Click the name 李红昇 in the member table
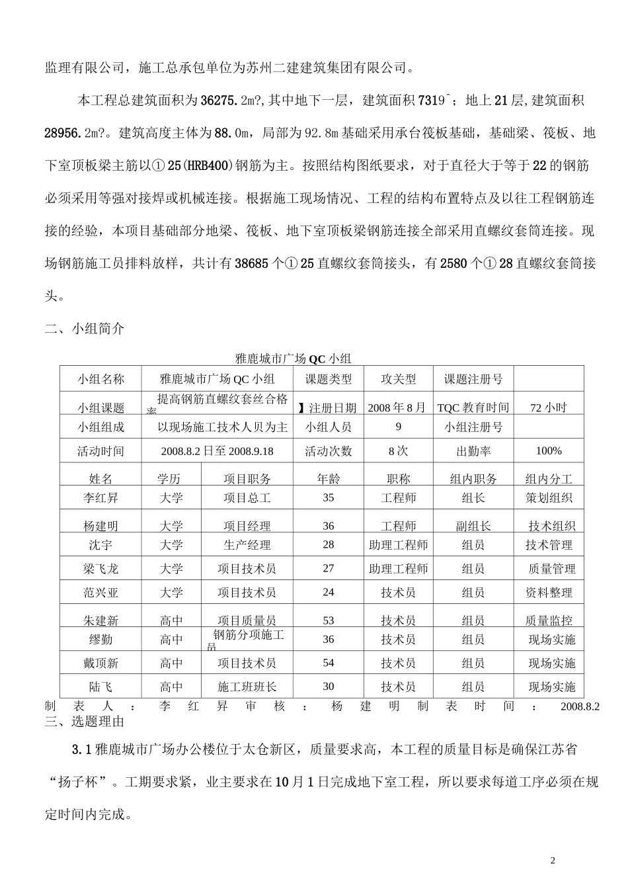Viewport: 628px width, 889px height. click(x=100, y=498)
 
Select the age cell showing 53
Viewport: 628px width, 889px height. click(x=328, y=620)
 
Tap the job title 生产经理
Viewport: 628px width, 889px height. click(x=247, y=545)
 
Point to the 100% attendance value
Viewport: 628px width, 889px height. click(x=549, y=451)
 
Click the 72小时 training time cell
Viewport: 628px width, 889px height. click(x=549, y=407)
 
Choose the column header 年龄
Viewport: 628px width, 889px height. click(x=328, y=478)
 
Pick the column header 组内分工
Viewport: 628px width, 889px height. click(x=549, y=478)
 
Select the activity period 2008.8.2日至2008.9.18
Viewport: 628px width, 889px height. click(x=217, y=451)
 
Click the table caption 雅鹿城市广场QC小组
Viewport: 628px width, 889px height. click(x=293, y=359)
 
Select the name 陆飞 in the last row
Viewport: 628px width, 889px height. click(x=100, y=687)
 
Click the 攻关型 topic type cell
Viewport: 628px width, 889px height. click(x=398, y=379)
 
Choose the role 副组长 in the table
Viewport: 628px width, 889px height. click(x=473, y=526)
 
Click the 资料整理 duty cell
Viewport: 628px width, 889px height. click(x=549, y=593)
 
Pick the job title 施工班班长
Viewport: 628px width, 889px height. click(x=247, y=687)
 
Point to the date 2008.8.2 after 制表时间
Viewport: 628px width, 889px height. click(x=580, y=706)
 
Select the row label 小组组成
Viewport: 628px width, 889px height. click(x=100, y=427)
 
